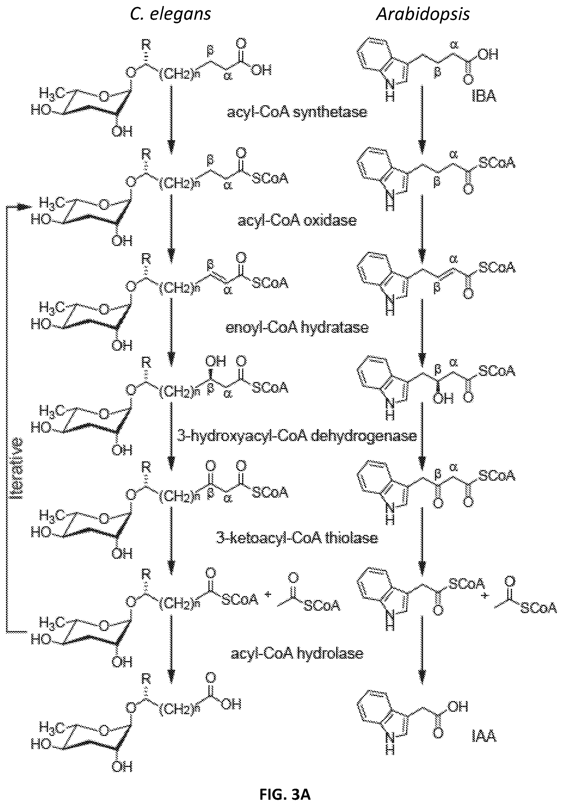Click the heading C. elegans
tap(170, 14)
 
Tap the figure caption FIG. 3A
tap(285, 794)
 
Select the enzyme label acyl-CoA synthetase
tap(297, 112)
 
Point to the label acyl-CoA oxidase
tap(297, 221)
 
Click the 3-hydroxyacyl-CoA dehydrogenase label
tap(297, 436)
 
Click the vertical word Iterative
tap(16, 468)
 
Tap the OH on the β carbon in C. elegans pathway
tap(215, 361)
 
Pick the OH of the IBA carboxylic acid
tap(488, 54)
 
